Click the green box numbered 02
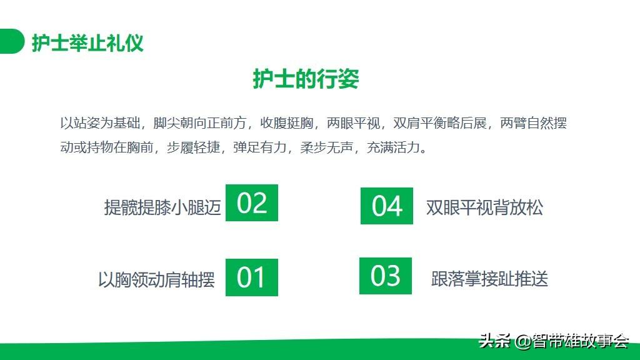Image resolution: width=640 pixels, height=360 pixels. coord(252,203)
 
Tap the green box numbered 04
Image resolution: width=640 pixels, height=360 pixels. coord(386,206)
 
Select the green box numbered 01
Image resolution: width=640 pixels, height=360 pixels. coord(252,277)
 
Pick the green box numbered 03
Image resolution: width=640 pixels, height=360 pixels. coord(385,276)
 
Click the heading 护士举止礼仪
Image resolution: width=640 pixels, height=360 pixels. coord(87,43)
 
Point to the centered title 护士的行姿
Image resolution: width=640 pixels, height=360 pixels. coord(306,79)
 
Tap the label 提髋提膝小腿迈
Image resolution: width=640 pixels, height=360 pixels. coord(162,207)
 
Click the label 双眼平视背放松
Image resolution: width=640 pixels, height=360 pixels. coord(484,207)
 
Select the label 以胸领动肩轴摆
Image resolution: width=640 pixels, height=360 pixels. coord(156,279)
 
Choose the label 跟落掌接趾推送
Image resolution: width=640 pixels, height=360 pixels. coord(489,279)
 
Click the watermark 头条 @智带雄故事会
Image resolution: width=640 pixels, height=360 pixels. coord(554,341)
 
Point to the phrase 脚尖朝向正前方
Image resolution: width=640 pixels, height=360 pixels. coord(200,123)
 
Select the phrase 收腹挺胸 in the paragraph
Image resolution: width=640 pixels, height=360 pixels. coord(286,123)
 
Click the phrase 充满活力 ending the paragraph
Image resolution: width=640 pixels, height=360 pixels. coord(393,147)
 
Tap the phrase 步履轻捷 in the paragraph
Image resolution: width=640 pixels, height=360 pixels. coord(194,147)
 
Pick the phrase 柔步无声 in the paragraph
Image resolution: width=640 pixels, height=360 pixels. coord(326,147)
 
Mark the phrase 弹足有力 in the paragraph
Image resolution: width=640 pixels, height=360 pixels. coord(260,147)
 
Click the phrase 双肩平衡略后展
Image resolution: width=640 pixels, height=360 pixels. coord(440,123)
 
